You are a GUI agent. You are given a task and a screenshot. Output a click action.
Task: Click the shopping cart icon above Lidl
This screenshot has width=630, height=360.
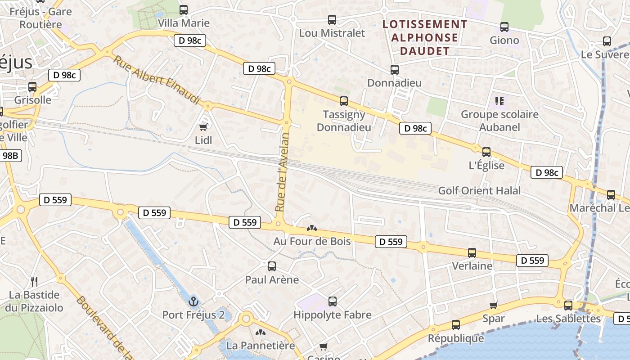[x=203, y=127]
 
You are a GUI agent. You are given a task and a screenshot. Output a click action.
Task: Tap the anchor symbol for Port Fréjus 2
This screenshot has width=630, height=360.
[x=194, y=301]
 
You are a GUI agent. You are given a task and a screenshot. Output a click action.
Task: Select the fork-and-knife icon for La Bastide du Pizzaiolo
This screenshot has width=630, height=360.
[x=34, y=282]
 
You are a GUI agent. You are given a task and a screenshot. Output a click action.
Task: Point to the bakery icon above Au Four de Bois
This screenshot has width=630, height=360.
[x=311, y=228]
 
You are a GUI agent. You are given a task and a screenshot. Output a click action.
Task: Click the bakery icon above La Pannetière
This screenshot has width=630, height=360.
[x=260, y=333]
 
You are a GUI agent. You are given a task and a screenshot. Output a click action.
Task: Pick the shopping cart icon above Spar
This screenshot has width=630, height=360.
[x=494, y=306]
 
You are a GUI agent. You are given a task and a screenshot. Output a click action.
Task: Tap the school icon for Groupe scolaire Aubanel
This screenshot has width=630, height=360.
[x=499, y=101]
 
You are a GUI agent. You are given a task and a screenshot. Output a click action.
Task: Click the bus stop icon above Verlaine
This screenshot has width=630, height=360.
[x=472, y=253]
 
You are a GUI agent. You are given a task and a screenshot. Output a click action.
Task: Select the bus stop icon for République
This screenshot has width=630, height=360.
[x=456, y=325]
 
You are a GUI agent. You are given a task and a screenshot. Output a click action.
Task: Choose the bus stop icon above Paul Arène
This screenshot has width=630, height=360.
[x=272, y=266]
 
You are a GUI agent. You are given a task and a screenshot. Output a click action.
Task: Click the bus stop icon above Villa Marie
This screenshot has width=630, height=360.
[x=184, y=10]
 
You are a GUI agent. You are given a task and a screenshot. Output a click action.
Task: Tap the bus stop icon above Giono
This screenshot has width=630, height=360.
[x=504, y=27]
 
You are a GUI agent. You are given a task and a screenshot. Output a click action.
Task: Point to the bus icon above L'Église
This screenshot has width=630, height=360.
[x=486, y=152]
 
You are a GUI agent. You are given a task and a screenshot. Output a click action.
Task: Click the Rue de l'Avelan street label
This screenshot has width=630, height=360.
[x=282, y=172]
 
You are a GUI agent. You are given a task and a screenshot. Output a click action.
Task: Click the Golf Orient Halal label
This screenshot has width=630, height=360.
[x=479, y=190]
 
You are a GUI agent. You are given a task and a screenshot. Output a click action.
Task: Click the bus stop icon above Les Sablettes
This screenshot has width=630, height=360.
[x=568, y=306]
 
